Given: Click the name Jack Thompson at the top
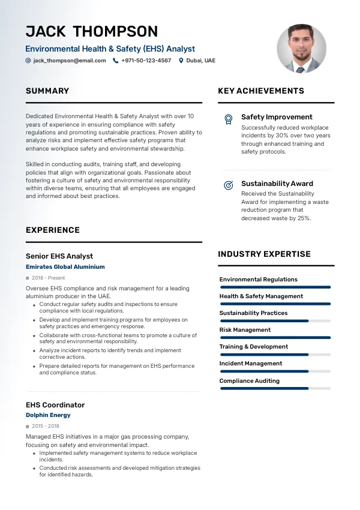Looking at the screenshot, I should tap(92, 31).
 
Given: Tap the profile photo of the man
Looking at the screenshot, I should tap(301, 49).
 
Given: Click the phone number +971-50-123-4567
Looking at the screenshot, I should tap(146, 61).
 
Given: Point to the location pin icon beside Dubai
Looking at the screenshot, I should tap(181, 61).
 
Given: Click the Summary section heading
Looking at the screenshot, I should tap(47, 91).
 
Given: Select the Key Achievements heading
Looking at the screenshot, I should tap(261, 91).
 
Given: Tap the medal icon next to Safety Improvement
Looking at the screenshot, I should tap(228, 119).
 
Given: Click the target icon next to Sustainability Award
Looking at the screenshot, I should tap(228, 185).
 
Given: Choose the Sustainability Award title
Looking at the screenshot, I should tap(277, 184).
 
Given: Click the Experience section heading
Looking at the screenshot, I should tap(53, 230).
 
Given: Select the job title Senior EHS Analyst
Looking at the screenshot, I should tap(59, 256).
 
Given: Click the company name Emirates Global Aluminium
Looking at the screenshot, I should tap(65, 267).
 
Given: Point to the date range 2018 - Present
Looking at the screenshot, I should tap(49, 278).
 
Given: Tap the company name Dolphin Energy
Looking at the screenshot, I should tap(48, 415).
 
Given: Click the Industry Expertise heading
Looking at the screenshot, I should tap(264, 254).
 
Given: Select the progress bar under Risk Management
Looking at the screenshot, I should tap(275, 338).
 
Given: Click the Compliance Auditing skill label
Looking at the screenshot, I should tap(250, 380).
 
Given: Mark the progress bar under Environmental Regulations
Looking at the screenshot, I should tap(275, 287).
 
